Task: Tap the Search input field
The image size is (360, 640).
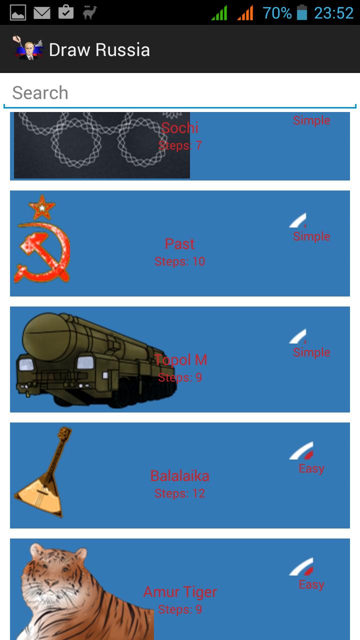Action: [180, 93]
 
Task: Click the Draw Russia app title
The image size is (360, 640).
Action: [99, 50]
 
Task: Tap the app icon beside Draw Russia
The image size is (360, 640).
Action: [27, 49]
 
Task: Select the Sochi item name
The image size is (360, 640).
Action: [180, 128]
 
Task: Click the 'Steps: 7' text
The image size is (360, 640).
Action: [180, 145]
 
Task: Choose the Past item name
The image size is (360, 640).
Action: [179, 244]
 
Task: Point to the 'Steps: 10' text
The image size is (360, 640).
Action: [179, 261]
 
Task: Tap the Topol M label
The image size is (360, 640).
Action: [180, 360]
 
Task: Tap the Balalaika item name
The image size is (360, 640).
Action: [179, 476]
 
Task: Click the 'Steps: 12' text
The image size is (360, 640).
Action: [179, 493]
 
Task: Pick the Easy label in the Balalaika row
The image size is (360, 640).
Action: [311, 468]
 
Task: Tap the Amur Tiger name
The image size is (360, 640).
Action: [180, 592]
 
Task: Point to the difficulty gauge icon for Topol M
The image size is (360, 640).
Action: [298, 336]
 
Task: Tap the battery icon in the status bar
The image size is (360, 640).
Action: [302, 12]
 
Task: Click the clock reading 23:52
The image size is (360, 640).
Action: [333, 13]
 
